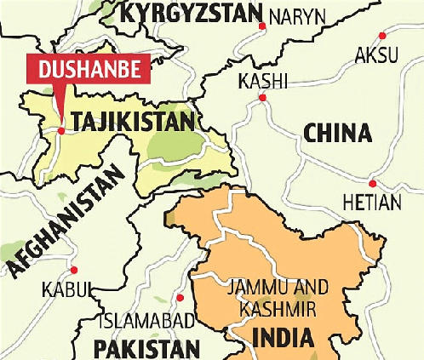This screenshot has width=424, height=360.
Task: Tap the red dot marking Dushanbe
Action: (61, 130)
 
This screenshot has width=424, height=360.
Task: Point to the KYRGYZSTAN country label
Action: (189, 13)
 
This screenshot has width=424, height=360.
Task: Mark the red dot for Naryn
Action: (259, 26)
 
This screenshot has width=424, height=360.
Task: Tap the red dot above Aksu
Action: (383, 36)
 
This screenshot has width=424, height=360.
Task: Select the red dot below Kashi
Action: (262, 98)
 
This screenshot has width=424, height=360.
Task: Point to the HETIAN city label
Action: (370, 203)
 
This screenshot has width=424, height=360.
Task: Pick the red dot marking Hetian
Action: (373, 183)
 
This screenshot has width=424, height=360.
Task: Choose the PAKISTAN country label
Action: (146, 347)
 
